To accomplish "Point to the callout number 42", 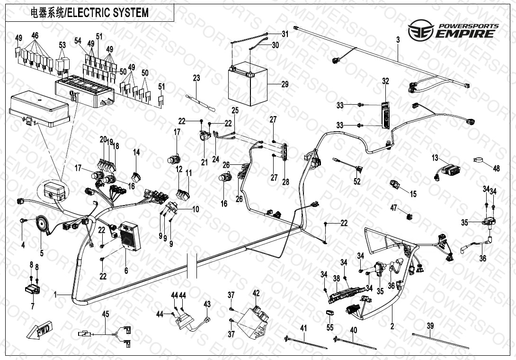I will click(x=256, y=293).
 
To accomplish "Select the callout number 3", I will click(x=398, y=40).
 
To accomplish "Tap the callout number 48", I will click(x=496, y=168).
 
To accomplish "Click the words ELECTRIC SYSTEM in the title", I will click(x=107, y=13).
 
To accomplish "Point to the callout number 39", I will click(x=430, y=326).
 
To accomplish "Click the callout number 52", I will click(x=357, y=181).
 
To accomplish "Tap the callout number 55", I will click(x=330, y=327).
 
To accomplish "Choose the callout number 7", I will click(x=32, y=306).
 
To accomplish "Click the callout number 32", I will click(x=385, y=81).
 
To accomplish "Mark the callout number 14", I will click(x=136, y=152).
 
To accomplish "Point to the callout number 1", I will click(x=55, y=295).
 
